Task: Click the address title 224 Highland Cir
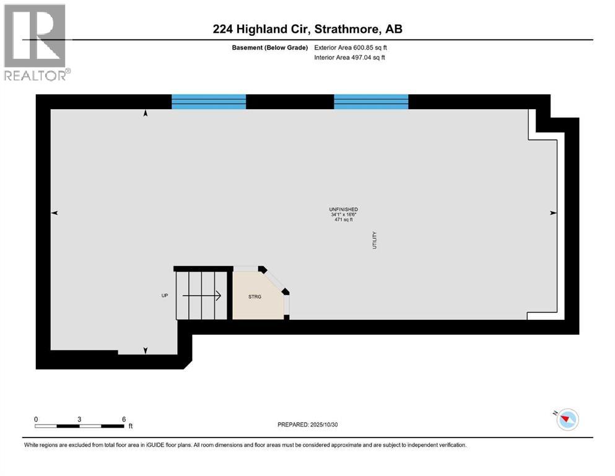pos(307,29)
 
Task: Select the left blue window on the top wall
pos(208,102)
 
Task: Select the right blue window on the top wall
pos(371,102)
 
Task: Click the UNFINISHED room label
pos(343,209)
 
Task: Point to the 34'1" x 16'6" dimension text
pos(343,214)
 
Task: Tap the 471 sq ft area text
pos(343,219)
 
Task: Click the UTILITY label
pos(375,240)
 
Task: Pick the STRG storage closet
pos(255,296)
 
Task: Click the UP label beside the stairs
pos(165,296)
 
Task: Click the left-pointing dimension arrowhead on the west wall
pos(55,213)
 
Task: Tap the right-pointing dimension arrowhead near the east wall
pos(553,213)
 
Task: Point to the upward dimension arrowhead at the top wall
pos(146,114)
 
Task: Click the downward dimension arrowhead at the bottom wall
pos(146,351)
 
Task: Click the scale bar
pos(79,426)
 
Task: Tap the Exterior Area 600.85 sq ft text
pos(352,47)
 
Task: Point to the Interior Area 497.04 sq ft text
pos(352,58)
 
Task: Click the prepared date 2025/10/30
pos(308,425)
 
